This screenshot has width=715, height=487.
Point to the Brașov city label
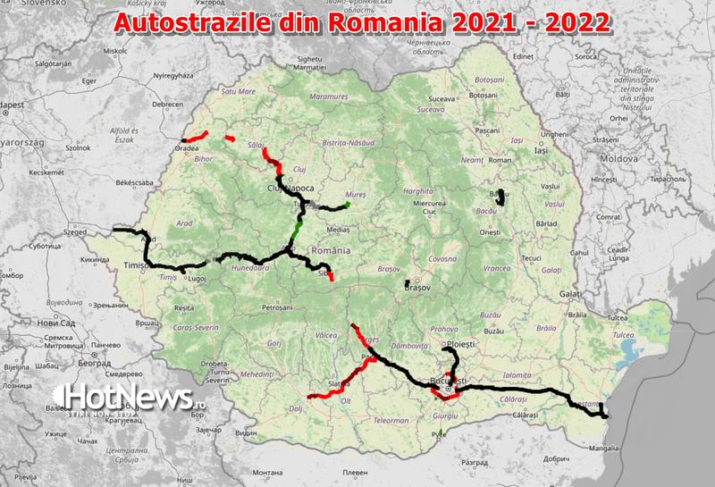[417, 288]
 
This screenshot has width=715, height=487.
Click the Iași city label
[541, 150]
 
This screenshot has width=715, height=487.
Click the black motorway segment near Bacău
[503, 197]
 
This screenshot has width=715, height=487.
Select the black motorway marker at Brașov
[408, 284]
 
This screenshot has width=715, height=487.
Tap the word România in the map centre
[323, 252]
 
